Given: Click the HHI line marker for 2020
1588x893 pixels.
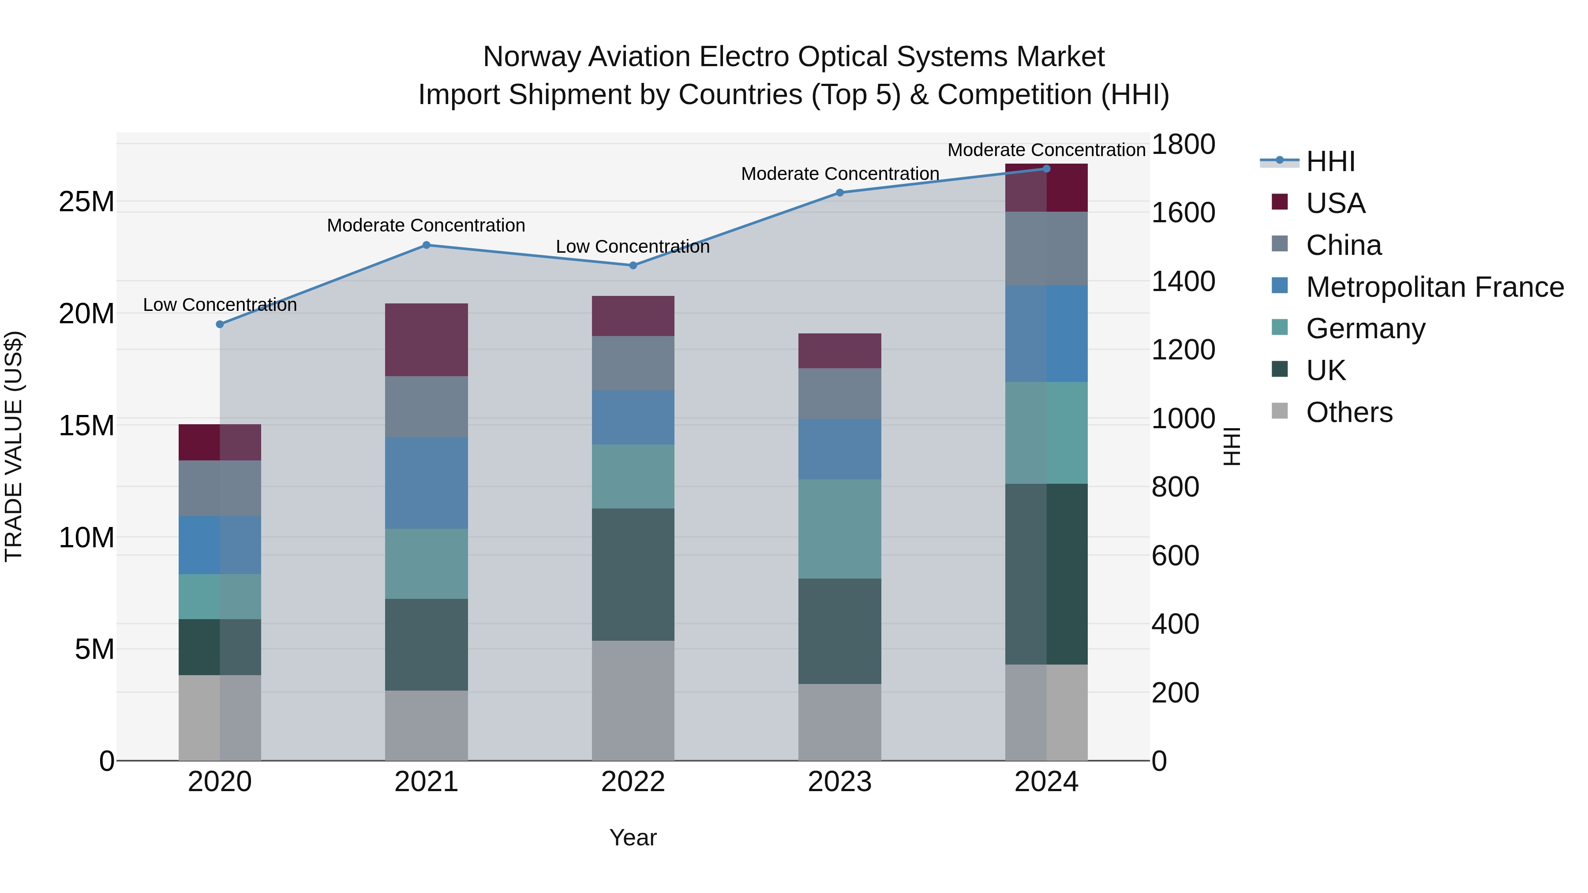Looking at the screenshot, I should [x=220, y=324].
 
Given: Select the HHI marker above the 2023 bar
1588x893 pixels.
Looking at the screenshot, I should [x=839, y=192].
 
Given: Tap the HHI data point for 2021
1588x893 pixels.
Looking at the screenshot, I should [x=426, y=245].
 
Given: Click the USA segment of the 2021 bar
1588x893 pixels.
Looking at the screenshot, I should [x=426, y=340].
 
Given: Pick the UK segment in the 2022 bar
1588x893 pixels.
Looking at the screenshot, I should [x=633, y=574].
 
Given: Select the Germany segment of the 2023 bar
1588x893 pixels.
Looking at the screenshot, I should [x=839, y=529].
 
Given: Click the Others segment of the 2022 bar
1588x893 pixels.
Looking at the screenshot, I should [x=633, y=700].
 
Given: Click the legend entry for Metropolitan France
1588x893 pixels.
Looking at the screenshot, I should [x=1434, y=287].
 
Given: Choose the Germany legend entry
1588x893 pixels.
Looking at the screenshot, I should [x=1365, y=329].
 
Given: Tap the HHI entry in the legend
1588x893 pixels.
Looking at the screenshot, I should [x=1330, y=161].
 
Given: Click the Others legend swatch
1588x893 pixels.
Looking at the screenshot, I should [x=1280, y=411].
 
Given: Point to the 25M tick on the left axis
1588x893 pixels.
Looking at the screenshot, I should [x=86, y=202].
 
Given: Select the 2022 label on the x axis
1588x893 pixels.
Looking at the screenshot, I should [x=633, y=782].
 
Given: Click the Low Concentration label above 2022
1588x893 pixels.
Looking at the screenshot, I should [x=633, y=247].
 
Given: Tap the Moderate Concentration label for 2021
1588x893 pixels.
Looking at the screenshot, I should [x=426, y=225].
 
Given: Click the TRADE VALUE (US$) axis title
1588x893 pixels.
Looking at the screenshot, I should [x=14, y=446].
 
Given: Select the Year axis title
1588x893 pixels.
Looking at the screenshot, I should [x=633, y=837].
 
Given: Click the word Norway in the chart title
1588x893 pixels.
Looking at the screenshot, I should [x=532, y=57].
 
